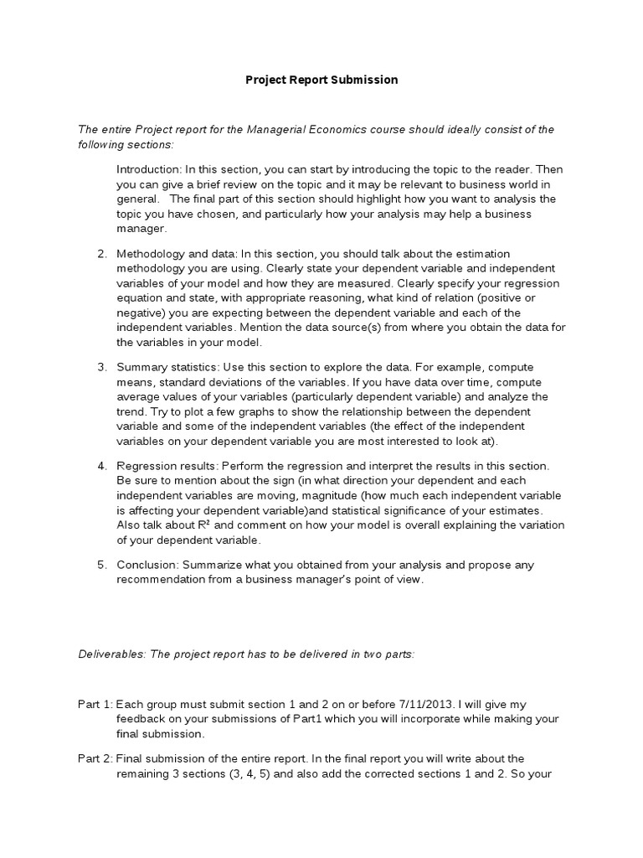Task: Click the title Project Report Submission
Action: pos(321,80)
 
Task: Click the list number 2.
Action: pos(101,254)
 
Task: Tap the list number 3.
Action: pos(101,367)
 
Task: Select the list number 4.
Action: pos(101,465)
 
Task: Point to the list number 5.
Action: pos(101,565)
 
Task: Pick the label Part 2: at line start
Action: pos(94,759)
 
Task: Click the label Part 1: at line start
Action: pos(94,706)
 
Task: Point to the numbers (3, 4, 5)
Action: pos(239,774)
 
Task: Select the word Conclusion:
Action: pos(147,565)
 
